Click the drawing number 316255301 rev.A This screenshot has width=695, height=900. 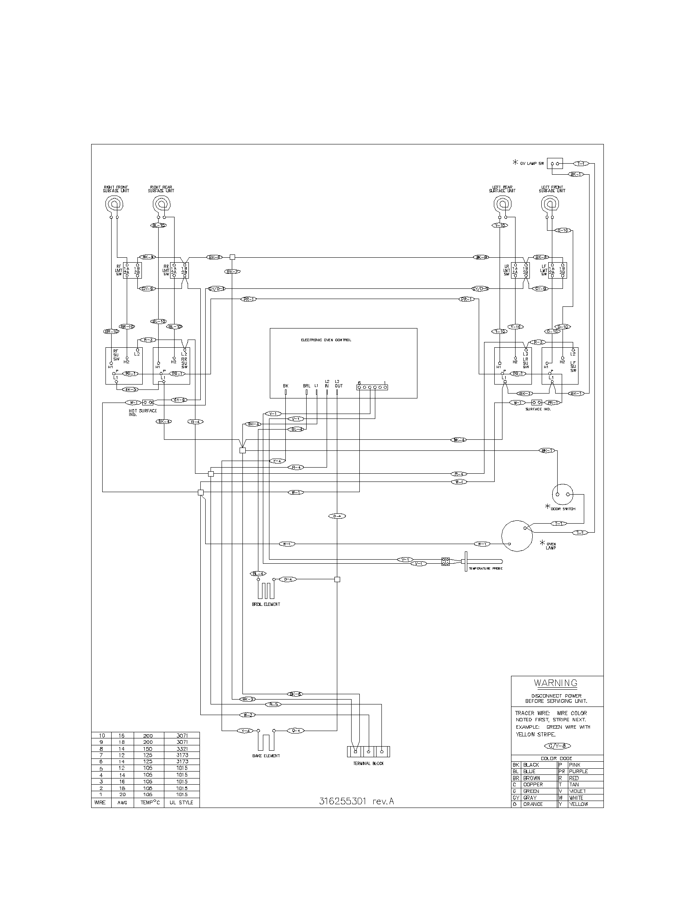pyautogui.click(x=356, y=801)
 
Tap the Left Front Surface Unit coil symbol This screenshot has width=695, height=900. pyautogui.click(x=551, y=204)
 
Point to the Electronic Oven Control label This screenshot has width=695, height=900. pyautogui.click(x=326, y=340)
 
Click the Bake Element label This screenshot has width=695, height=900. pyautogui.click(x=266, y=756)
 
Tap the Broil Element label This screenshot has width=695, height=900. pyautogui.click(x=266, y=604)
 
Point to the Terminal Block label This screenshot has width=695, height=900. pyautogui.click(x=368, y=763)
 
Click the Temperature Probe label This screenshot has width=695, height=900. pyautogui.click(x=485, y=568)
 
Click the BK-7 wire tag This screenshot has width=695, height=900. pyautogui.click(x=232, y=272)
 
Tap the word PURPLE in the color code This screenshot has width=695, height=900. pyautogui.click(x=578, y=771)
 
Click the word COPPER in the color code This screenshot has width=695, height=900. pyautogui.click(x=533, y=784)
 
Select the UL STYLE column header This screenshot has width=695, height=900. pyautogui.click(x=182, y=802)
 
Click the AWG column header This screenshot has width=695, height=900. pyautogui.click(x=122, y=802)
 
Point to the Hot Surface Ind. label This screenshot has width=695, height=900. pyautogui.click(x=142, y=412)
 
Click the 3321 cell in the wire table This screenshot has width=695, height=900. pyautogui.click(x=182, y=748)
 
